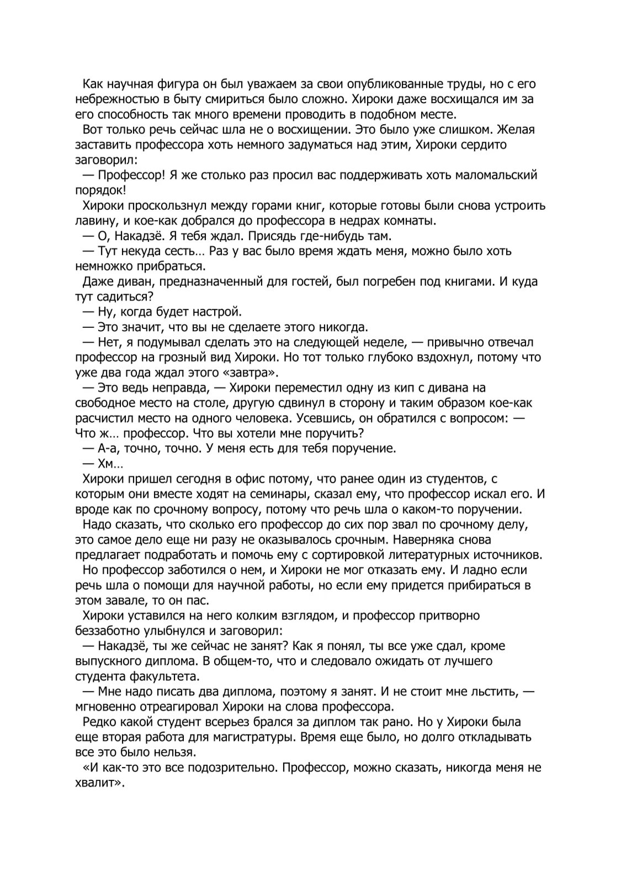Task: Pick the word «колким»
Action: click(x=237, y=615)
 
